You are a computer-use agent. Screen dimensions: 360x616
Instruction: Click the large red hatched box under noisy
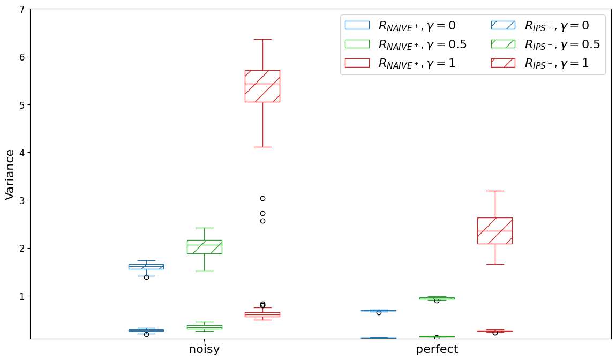pyautogui.click(x=262, y=86)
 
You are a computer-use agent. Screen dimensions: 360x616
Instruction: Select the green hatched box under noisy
pyautogui.click(x=204, y=246)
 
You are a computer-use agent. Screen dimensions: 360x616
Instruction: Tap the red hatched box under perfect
pyautogui.click(x=494, y=230)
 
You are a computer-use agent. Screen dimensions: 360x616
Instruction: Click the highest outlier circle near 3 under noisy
pyautogui.click(x=262, y=198)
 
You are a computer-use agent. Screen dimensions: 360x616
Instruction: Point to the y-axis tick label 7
pyautogui.click(x=21, y=9)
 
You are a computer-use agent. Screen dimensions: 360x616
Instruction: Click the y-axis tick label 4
pyautogui.click(x=21, y=153)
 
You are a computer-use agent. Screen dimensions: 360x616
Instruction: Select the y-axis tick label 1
pyautogui.click(x=21, y=296)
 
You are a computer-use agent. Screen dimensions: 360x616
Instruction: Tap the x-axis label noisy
pyautogui.click(x=204, y=349)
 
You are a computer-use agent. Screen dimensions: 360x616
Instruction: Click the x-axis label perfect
pyautogui.click(x=437, y=349)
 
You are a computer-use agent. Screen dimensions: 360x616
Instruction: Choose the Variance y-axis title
pyautogui.click(x=10, y=174)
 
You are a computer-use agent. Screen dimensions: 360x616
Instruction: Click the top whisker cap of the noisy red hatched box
pyautogui.click(x=262, y=39)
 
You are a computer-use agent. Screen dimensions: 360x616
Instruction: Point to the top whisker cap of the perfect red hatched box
pyautogui.click(x=494, y=191)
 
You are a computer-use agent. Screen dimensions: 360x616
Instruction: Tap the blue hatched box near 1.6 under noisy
pyautogui.click(x=146, y=266)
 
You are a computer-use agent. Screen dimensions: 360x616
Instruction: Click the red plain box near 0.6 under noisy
pyautogui.click(x=262, y=314)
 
